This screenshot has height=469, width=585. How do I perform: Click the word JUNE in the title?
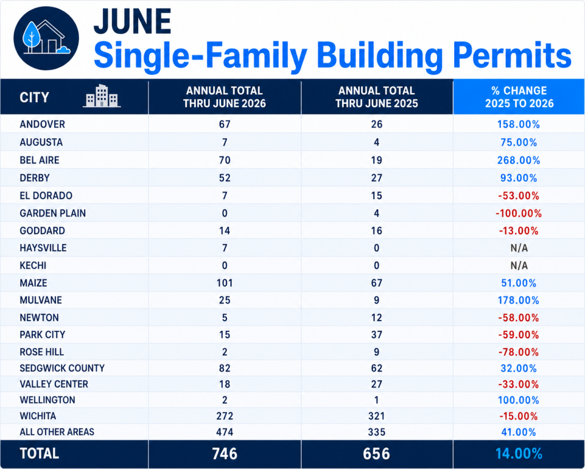pos(133,21)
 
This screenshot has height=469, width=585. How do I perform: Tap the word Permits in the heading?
pos(512,56)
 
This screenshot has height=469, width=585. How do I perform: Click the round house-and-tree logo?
pos(46,38)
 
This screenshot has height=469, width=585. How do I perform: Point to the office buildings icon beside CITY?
pos(102,96)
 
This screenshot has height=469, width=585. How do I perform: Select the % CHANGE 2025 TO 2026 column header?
pos(519,97)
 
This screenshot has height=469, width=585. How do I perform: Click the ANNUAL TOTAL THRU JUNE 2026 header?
pos(225,97)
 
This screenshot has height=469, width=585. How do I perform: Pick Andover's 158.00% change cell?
pos(519,124)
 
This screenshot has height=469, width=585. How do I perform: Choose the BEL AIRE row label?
pos(39,160)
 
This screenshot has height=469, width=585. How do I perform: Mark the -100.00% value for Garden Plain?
pos(519,214)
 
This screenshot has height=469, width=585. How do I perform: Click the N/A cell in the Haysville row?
pos(519,248)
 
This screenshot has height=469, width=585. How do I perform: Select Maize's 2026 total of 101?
pos(225,283)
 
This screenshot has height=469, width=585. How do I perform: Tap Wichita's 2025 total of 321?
pos(376,416)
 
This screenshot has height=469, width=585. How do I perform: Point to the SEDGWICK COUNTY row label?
pos(62,368)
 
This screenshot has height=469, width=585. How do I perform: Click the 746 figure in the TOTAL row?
pos(225,454)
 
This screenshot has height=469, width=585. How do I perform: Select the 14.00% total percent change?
pos(519,454)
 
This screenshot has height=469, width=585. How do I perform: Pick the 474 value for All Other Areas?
pos(225,432)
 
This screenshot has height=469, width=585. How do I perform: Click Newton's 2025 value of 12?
pos(376,318)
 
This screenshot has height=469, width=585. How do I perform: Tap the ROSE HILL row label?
pos(42,352)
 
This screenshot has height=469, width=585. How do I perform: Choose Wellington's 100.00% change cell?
pos(519,400)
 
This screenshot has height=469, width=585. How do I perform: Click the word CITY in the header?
pos(34,97)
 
